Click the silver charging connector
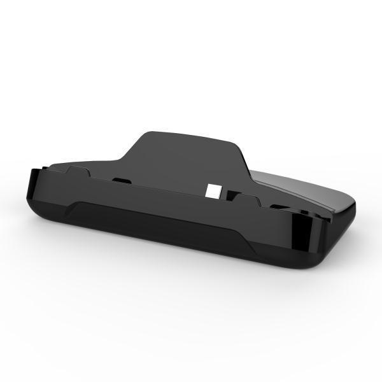[x=213, y=190]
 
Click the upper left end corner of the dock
[x=34, y=171]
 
